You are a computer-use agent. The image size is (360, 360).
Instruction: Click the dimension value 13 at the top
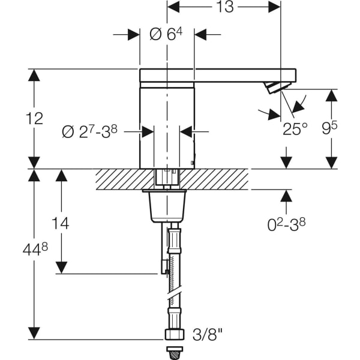224,7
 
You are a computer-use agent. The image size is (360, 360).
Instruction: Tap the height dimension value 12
35,118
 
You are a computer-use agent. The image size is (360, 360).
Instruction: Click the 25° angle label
295,128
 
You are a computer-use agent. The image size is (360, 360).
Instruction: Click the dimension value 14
60,223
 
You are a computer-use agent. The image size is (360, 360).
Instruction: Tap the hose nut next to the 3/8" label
173,333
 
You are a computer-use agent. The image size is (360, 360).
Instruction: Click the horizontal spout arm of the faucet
218,76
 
